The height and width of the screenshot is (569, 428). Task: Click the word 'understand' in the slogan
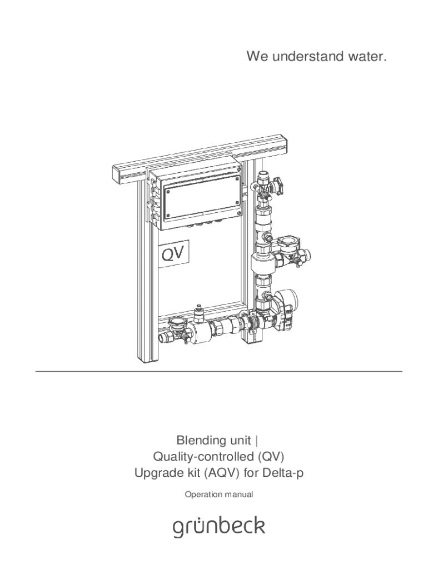click(301, 57)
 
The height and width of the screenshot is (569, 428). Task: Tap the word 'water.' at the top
click(364, 57)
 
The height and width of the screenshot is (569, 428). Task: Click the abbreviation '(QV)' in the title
click(270, 457)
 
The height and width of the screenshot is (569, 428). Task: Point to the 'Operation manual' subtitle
click(219, 495)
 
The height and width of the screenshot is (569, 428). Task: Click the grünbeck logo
click(218, 527)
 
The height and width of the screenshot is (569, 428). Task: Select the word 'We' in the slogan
click(257, 57)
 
